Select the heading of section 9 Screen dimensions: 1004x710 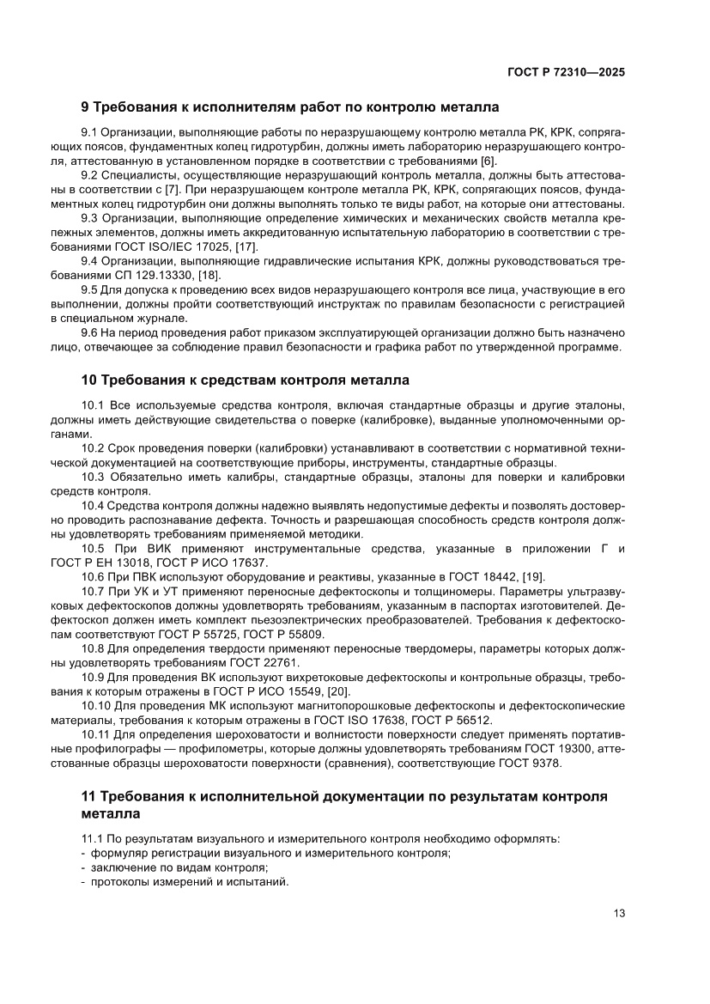pos(289,108)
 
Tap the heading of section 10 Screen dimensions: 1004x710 pos(245,379)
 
